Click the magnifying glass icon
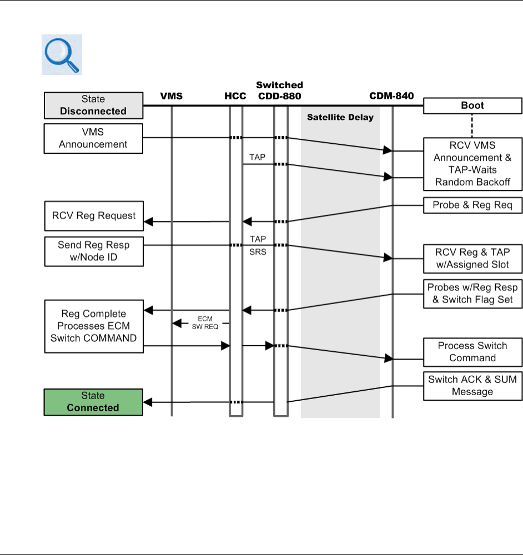(x=62, y=54)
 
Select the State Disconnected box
(x=93, y=105)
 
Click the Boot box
(x=472, y=105)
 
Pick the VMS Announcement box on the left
(x=93, y=138)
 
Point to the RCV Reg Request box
(x=93, y=216)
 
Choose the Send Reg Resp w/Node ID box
(x=93, y=251)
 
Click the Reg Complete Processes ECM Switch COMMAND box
(x=93, y=326)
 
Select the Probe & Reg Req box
(x=472, y=205)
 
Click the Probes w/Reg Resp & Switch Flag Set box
(x=472, y=293)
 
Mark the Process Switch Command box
(x=472, y=352)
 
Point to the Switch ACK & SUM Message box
(x=472, y=385)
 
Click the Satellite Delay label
(x=340, y=118)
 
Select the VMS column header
(x=171, y=97)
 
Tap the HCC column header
(x=235, y=97)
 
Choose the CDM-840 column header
(x=393, y=97)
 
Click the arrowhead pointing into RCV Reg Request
(x=148, y=222)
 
